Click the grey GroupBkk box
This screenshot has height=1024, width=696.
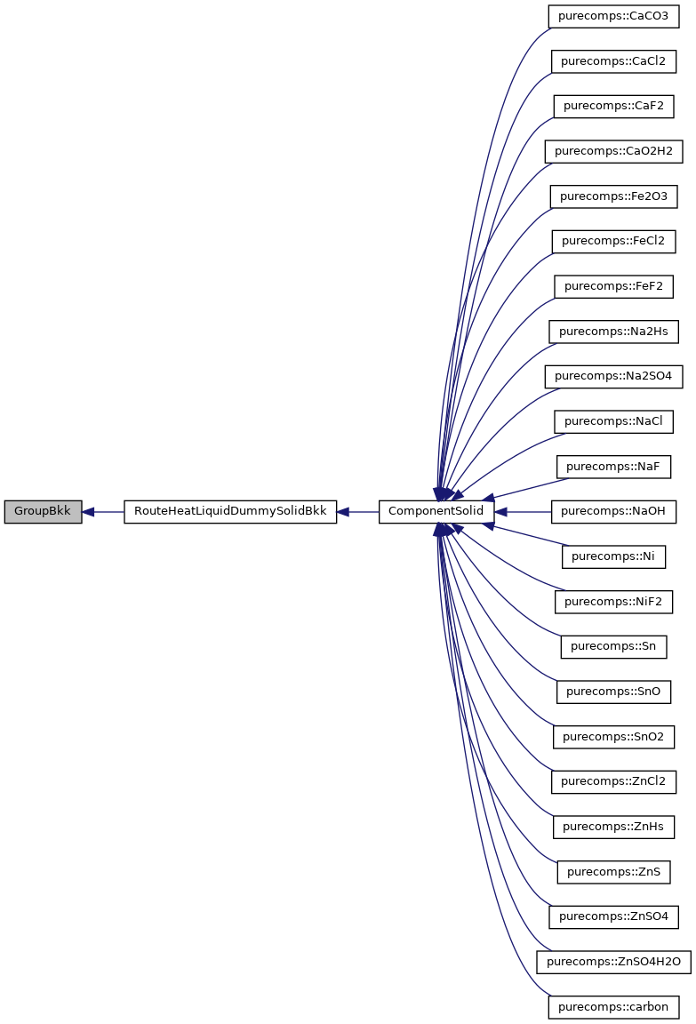click(43, 512)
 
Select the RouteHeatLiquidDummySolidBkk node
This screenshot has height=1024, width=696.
click(230, 512)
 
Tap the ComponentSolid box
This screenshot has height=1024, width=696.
click(436, 512)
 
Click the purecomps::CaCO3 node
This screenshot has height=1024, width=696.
click(613, 16)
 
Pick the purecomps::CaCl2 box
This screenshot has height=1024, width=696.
click(613, 61)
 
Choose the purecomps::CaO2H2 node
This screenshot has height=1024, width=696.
click(613, 151)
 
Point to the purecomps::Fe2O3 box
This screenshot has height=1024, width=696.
click(613, 196)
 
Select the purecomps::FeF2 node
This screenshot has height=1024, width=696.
click(613, 286)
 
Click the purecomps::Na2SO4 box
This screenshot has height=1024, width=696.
click(613, 376)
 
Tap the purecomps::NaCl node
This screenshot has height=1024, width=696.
click(613, 421)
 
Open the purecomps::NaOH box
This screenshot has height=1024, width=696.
click(613, 512)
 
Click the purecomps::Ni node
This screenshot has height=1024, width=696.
click(613, 556)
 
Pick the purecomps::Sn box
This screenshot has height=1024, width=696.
click(613, 646)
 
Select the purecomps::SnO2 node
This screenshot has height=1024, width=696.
click(613, 737)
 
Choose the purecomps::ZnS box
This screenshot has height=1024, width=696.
click(613, 871)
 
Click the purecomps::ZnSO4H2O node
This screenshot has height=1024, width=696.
click(613, 962)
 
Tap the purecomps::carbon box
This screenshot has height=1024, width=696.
click(613, 1007)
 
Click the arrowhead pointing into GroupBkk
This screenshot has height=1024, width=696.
click(89, 512)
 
